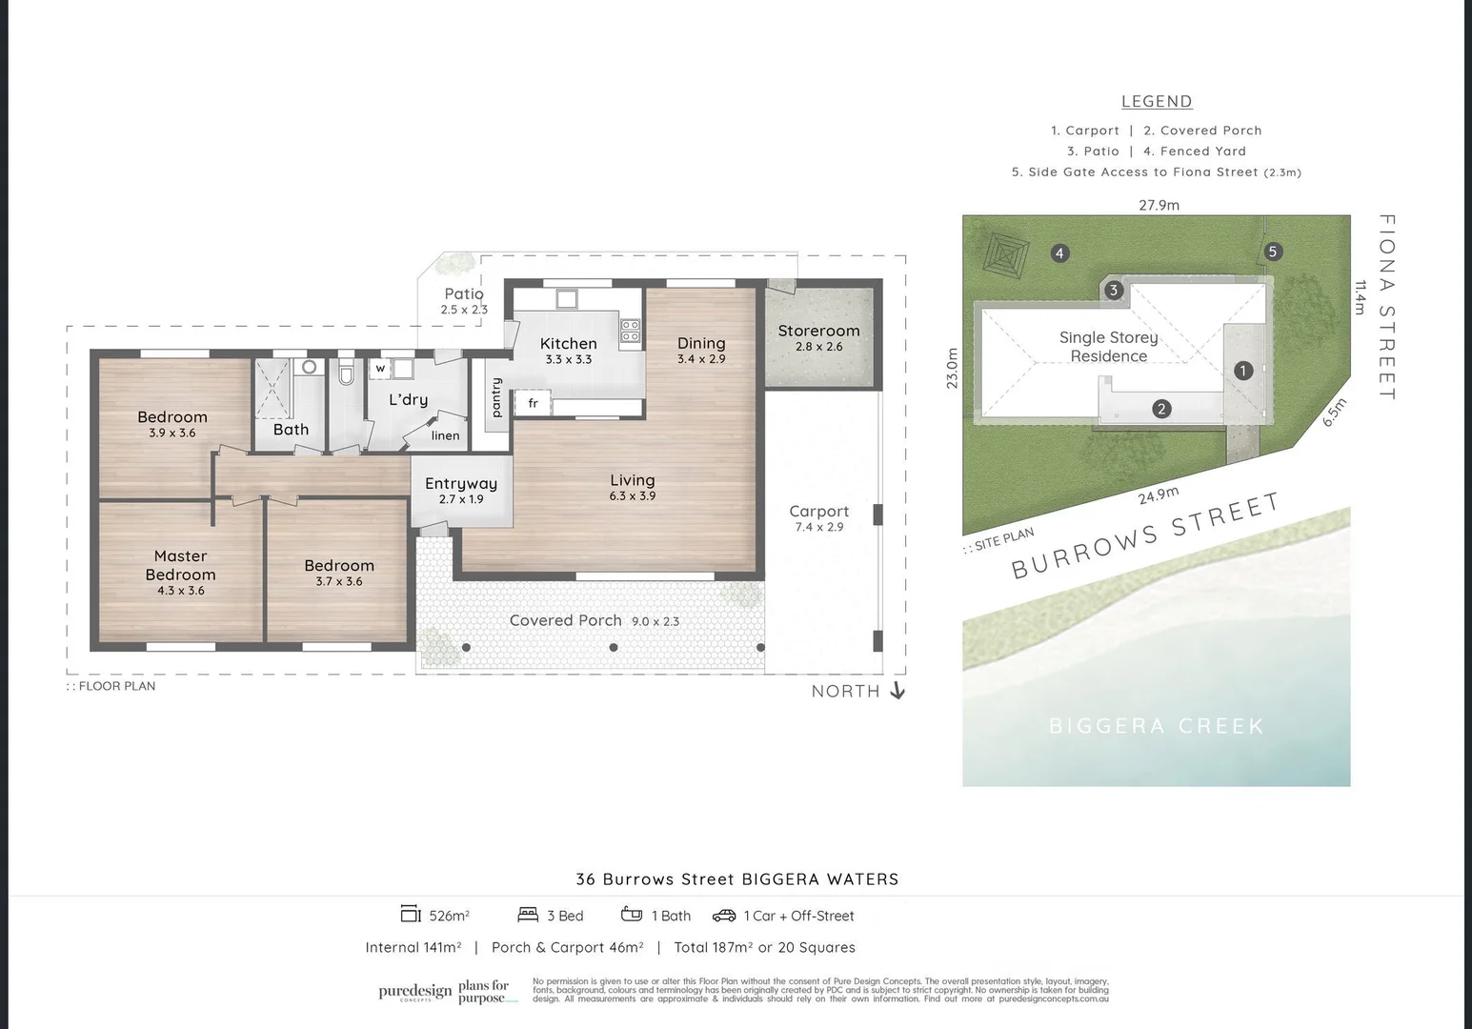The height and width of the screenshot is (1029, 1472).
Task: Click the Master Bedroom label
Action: coord(180,565)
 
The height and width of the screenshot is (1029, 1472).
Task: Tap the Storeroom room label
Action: coord(818,331)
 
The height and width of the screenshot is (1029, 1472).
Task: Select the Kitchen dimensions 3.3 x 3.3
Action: coord(569,360)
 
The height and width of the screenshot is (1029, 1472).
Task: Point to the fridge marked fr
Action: coord(533,403)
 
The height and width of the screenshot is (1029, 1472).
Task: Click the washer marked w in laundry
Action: coord(380,368)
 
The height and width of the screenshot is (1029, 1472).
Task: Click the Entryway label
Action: coord(461,484)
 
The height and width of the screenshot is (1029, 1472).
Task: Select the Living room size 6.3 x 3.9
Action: coord(633,496)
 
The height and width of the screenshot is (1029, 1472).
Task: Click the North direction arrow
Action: coord(897,691)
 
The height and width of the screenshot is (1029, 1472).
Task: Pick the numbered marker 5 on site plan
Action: coord(1272,252)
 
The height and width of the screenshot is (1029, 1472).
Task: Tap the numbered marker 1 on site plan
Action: coord(1242,371)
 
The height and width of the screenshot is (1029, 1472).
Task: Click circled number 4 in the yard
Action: coord(1059,252)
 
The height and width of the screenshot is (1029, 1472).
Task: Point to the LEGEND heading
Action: coord(1157,101)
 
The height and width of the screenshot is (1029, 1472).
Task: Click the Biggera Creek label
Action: coord(1156,726)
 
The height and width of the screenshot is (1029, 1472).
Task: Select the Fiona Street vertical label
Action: coord(1387,306)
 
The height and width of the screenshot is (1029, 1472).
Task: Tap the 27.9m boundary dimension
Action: coord(1159,205)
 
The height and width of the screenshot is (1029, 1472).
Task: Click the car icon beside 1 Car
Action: coord(724,916)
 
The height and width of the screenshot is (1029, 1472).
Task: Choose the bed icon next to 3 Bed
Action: coord(528,916)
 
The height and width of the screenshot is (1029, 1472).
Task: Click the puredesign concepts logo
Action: coord(415,992)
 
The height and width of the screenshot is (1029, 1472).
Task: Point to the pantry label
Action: coord(496,398)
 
